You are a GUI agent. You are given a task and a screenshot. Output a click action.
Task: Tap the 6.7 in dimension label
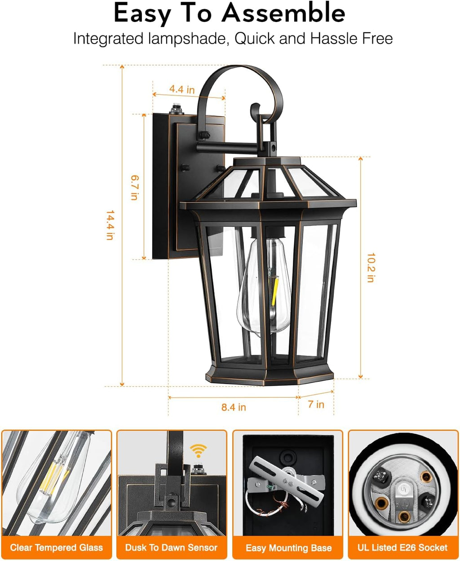point(134,187)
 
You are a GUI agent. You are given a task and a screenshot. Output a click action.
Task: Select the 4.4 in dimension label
point(182,89)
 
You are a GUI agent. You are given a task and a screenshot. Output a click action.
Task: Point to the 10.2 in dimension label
point(371,267)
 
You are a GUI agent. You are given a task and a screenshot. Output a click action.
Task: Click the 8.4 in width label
point(234,407)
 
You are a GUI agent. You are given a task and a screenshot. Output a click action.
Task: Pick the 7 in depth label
point(316,404)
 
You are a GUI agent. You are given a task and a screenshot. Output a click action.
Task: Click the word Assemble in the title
point(283,13)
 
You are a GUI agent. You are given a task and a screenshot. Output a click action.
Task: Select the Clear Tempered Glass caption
point(57,548)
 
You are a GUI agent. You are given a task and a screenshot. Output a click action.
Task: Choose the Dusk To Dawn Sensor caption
point(171,548)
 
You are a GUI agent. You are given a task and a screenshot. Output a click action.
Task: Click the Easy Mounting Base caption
point(288,548)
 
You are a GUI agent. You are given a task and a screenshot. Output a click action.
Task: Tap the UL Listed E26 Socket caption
point(402,548)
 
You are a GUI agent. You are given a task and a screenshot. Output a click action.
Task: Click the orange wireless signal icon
point(198,450)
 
